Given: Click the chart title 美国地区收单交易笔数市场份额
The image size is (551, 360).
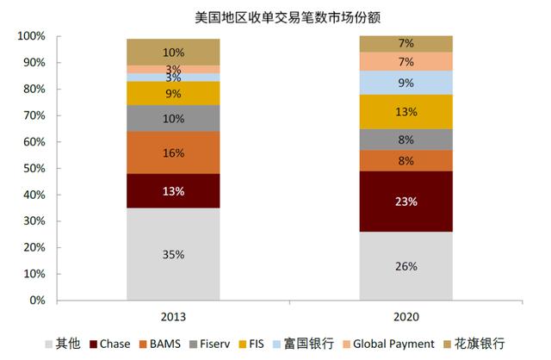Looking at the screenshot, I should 275,16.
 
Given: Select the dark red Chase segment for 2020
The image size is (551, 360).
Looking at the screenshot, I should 406,202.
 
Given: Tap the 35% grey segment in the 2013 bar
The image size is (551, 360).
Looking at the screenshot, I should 172,254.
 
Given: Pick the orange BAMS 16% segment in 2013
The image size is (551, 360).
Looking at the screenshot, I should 172,152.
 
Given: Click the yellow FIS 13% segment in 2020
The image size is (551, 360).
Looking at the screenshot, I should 406,111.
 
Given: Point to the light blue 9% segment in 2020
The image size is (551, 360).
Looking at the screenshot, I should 406,83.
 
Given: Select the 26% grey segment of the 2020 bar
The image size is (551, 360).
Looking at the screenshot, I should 406,266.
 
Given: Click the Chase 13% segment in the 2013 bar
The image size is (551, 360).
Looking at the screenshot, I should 172,191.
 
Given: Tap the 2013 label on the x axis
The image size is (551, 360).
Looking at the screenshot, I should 172,316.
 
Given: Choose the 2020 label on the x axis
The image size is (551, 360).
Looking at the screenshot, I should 406,316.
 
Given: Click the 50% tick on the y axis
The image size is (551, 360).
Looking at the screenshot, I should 34,169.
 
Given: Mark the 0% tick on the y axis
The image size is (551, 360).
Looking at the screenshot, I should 37,301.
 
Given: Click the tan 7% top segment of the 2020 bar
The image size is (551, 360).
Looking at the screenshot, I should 406,44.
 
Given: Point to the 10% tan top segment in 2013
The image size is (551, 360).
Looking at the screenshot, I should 172,52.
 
